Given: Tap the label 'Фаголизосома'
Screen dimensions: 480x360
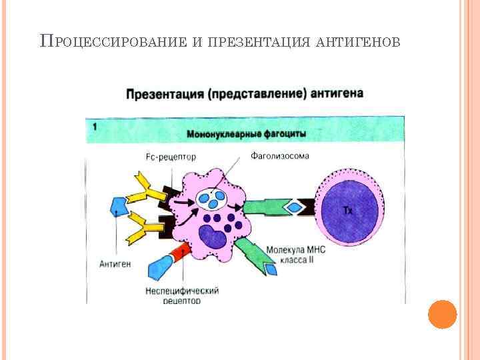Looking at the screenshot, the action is (x=280, y=156).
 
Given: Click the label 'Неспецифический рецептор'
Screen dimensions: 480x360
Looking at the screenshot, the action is (x=182, y=295).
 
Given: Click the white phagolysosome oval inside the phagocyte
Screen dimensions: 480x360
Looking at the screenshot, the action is (x=213, y=197).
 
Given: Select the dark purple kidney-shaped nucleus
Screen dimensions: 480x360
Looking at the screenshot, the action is (x=215, y=237).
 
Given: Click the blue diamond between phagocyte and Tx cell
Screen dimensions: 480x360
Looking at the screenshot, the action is (x=294, y=208).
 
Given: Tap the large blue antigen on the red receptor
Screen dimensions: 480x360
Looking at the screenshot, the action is (x=159, y=267).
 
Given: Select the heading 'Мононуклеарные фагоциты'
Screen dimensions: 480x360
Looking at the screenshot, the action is (x=247, y=133).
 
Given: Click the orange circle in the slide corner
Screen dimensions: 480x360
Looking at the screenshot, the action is (x=442, y=314).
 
